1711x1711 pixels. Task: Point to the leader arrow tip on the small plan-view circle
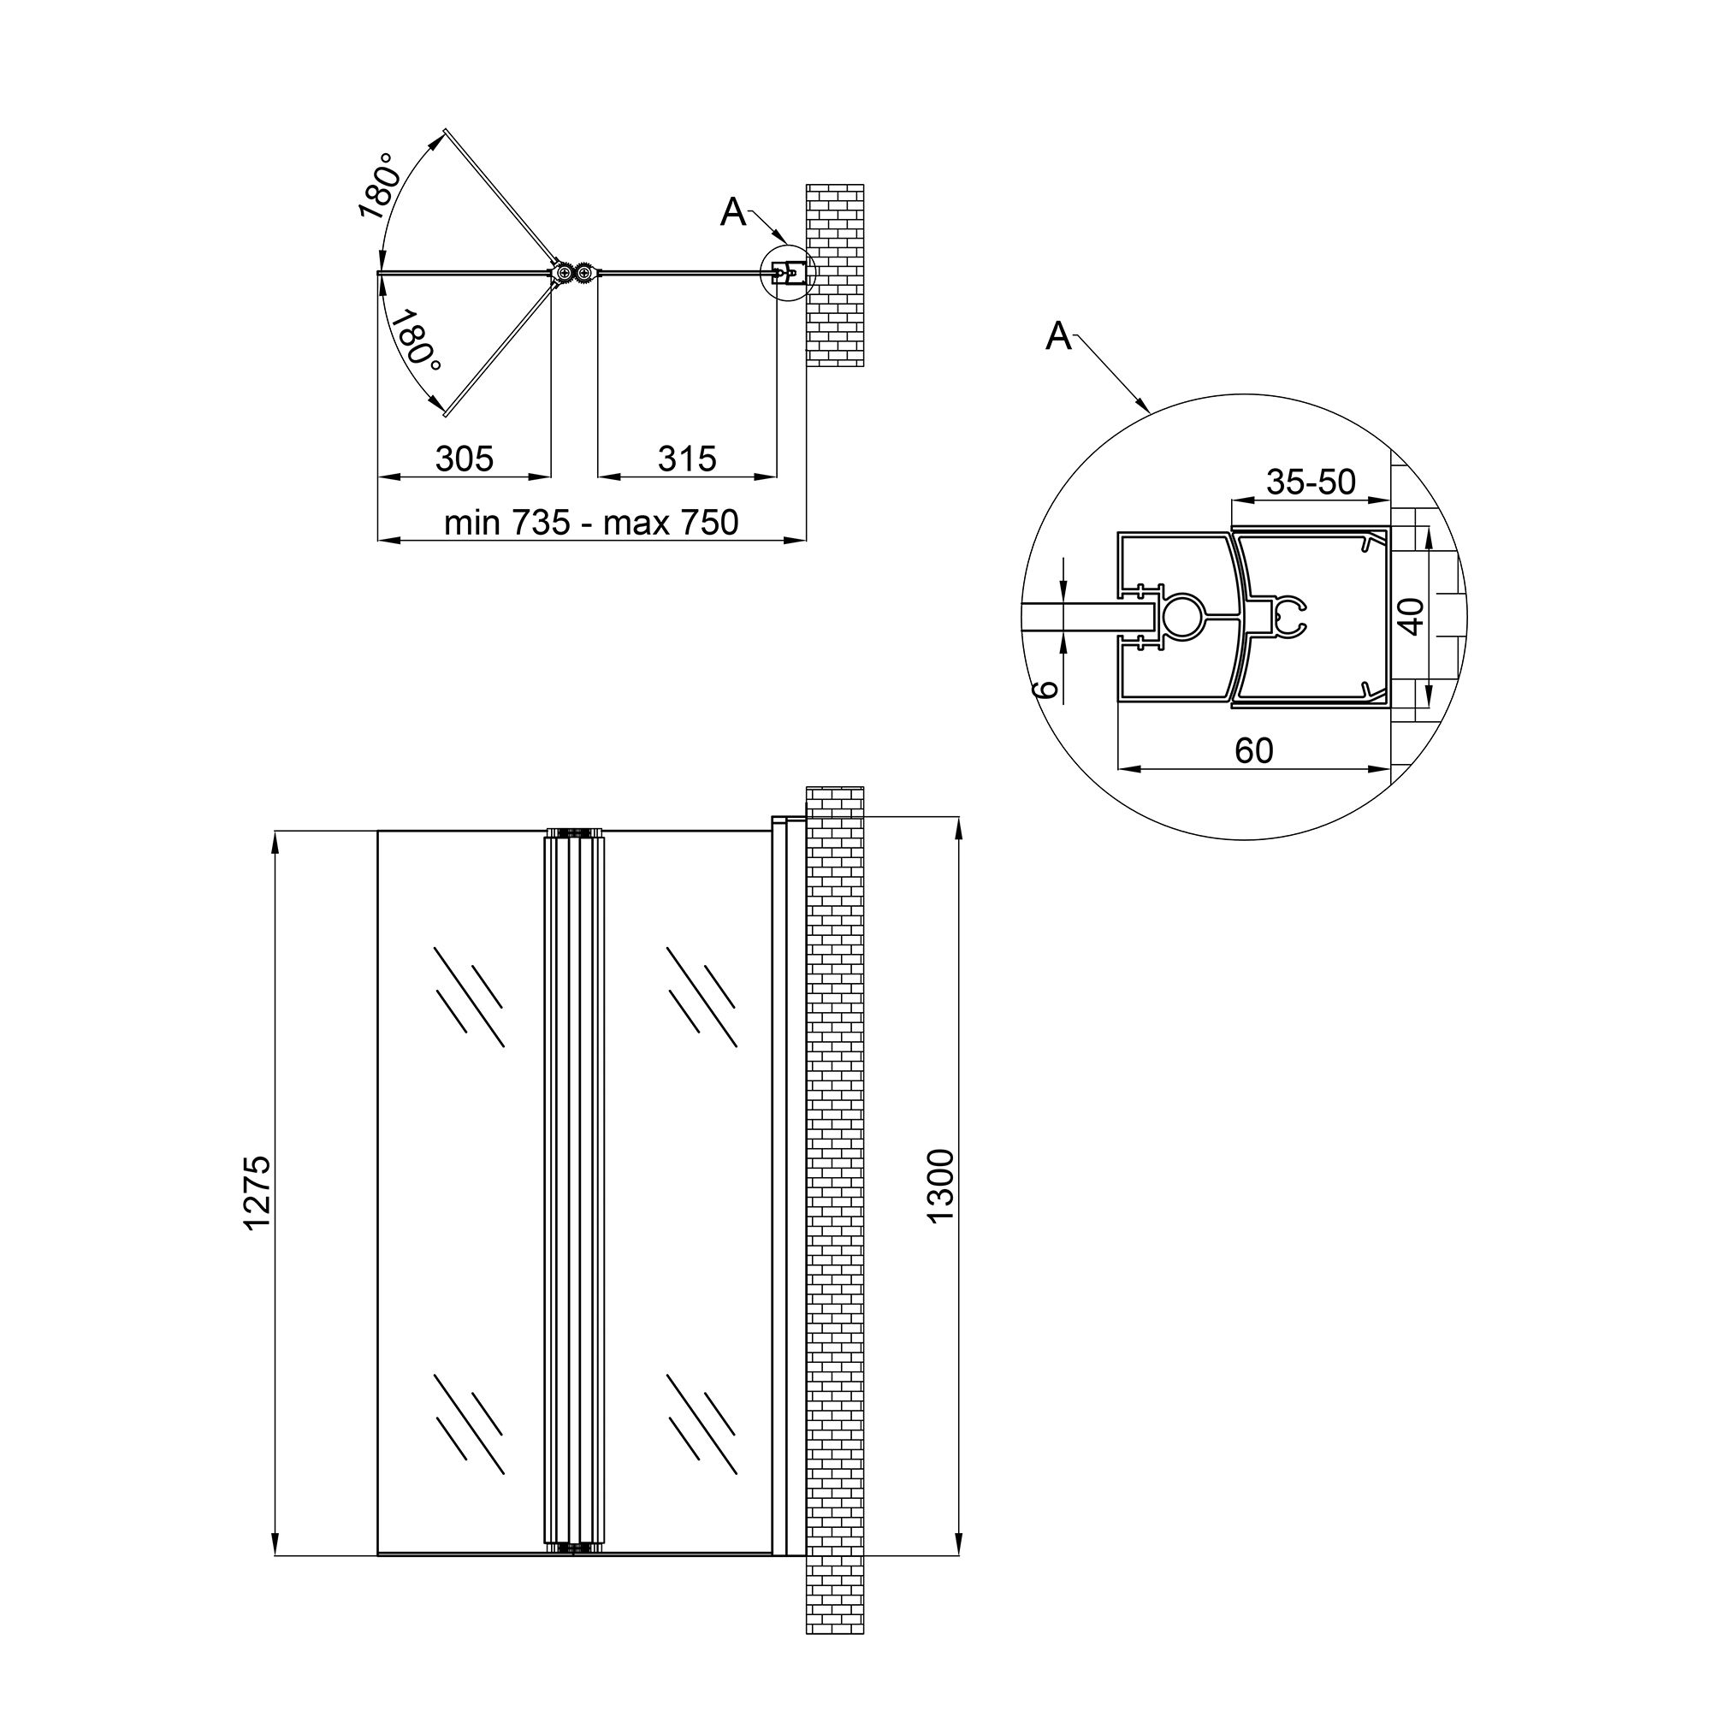785,246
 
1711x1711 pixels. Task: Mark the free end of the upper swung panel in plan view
445,131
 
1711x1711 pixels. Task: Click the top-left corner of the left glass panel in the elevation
378,831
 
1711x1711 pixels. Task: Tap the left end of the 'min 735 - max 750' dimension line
379,539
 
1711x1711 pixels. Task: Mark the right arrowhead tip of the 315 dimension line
777,477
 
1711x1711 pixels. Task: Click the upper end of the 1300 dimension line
958,815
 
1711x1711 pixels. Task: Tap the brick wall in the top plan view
835,275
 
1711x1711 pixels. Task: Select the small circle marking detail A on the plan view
787,275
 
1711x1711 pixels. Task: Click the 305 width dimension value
464,459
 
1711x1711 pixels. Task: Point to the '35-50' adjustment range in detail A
1311,482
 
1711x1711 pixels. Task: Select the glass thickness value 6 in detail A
1047,690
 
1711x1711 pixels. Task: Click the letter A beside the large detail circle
1058,336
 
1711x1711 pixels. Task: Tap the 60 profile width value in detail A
1253,751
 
